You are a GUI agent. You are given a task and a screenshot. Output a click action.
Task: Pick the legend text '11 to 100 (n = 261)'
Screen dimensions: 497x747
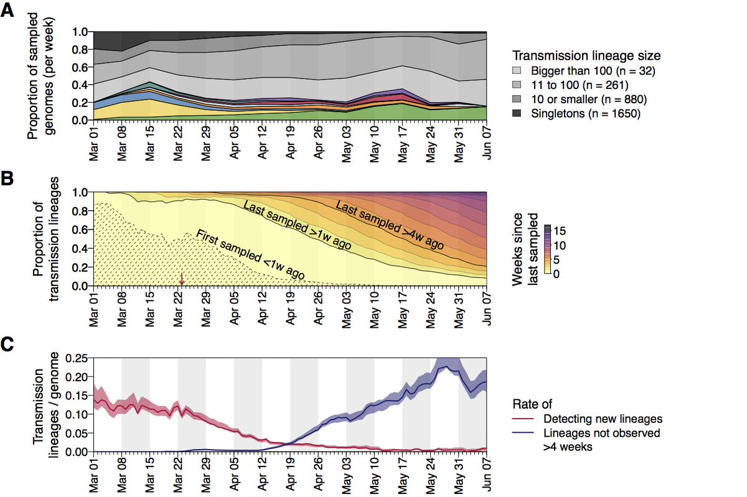(578, 85)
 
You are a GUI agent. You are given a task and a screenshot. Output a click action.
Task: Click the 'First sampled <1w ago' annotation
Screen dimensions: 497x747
(250, 255)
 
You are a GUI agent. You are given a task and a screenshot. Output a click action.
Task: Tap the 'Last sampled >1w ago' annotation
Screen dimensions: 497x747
(298, 225)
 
